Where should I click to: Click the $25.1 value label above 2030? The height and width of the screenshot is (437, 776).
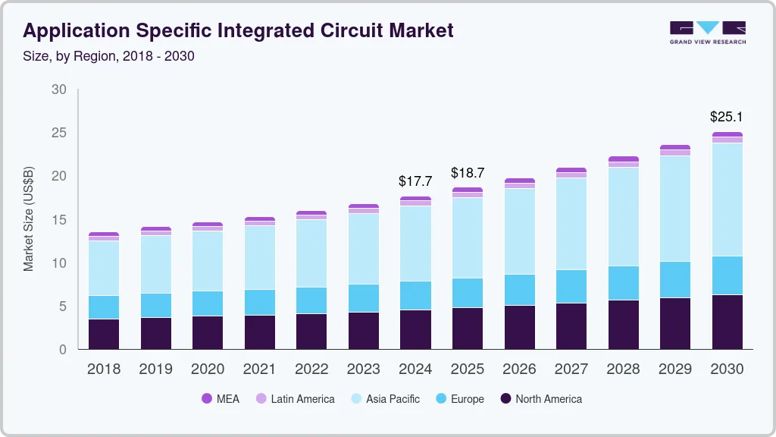(726, 117)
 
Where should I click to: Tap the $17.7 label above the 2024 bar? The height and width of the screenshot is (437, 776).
(415, 181)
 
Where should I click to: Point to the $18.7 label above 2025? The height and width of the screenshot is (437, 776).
(467, 173)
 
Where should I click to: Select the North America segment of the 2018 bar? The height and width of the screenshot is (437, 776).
(104, 334)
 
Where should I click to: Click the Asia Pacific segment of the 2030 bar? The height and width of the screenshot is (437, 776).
(727, 200)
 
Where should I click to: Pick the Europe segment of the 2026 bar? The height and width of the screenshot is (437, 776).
(519, 290)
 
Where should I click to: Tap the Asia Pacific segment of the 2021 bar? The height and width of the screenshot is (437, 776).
(260, 257)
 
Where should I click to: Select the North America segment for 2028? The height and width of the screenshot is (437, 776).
(623, 325)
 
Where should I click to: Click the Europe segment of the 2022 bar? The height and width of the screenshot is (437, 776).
(311, 300)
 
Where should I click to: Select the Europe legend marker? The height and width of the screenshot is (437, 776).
(439, 398)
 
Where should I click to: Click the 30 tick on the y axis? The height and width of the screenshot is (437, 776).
(58, 90)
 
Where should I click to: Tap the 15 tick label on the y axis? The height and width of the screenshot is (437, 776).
(58, 220)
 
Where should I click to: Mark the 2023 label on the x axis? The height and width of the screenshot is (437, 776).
(363, 369)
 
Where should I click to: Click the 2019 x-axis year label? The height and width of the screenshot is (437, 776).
(155, 369)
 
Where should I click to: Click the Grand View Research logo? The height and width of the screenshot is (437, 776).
(707, 32)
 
